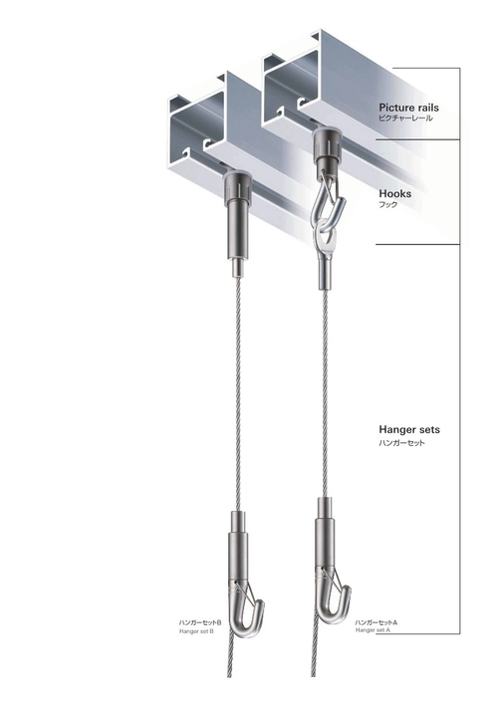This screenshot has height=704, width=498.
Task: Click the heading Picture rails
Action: tap(408, 108)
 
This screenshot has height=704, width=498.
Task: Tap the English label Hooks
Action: tap(394, 193)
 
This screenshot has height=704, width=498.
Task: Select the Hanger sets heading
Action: tap(409, 430)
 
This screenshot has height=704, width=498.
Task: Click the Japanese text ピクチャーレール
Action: tap(405, 118)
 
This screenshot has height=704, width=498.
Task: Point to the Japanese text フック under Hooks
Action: tap(388, 205)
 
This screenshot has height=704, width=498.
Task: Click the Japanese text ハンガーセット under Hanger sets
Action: tap(401, 443)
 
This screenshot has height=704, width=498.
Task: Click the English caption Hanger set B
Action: tap(196, 631)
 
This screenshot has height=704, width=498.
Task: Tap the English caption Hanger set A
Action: tap(373, 630)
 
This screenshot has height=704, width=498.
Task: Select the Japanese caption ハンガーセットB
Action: tap(200, 622)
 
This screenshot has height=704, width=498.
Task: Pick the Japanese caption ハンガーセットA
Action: tap(376, 622)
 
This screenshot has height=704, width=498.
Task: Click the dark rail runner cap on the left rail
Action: tap(237, 185)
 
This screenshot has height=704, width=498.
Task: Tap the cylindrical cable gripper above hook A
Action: tap(327, 539)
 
